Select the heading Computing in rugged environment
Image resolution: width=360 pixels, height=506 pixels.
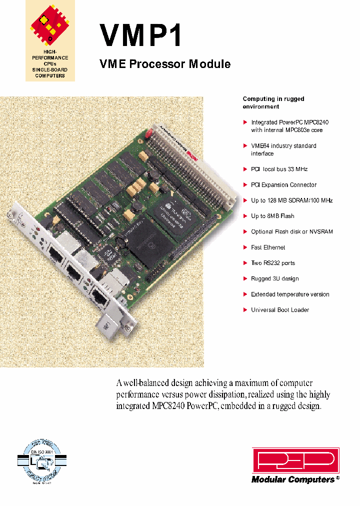pos(273,102)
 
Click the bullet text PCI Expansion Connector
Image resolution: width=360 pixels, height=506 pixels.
pos(283,184)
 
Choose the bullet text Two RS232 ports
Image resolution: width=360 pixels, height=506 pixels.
pos(273,263)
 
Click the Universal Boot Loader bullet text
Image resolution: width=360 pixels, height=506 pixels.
pos(280,310)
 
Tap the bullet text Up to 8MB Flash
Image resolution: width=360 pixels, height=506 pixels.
pos(272,216)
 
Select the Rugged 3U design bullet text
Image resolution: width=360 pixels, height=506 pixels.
pos(275,278)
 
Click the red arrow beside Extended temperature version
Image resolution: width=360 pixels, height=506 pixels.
pos(245,294)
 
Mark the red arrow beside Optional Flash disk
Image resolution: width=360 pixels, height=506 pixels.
pos(245,232)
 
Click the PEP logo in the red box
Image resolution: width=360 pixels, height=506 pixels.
pos(295,460)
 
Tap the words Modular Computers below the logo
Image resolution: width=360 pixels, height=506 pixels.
pos(293,479)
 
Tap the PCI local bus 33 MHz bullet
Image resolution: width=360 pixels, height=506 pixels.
pos(279,169)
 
